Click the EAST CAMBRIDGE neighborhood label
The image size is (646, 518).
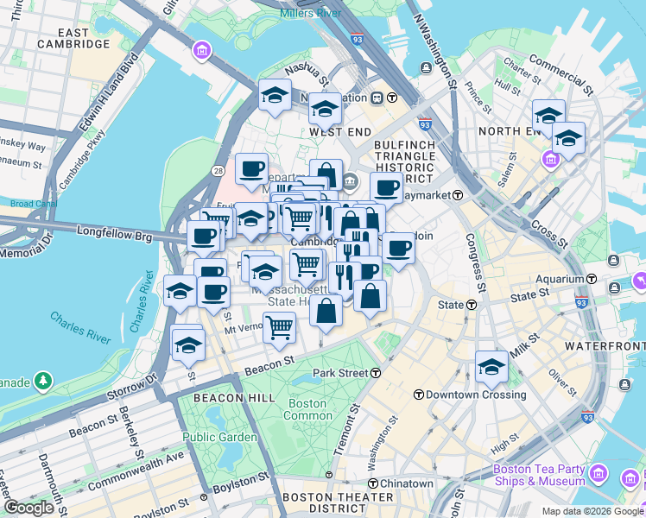click(73, 38)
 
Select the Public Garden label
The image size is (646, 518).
click(219, 437)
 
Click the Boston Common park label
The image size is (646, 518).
click(307, 409)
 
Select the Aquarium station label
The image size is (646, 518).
click(560, 279)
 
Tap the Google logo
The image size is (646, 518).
click(28, 508)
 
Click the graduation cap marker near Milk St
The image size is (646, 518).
click(491, 366)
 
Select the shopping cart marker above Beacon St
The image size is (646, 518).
click(279, 327)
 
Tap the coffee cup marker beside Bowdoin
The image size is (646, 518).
click(398, 248)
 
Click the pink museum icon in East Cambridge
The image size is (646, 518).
click(202, 51)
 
